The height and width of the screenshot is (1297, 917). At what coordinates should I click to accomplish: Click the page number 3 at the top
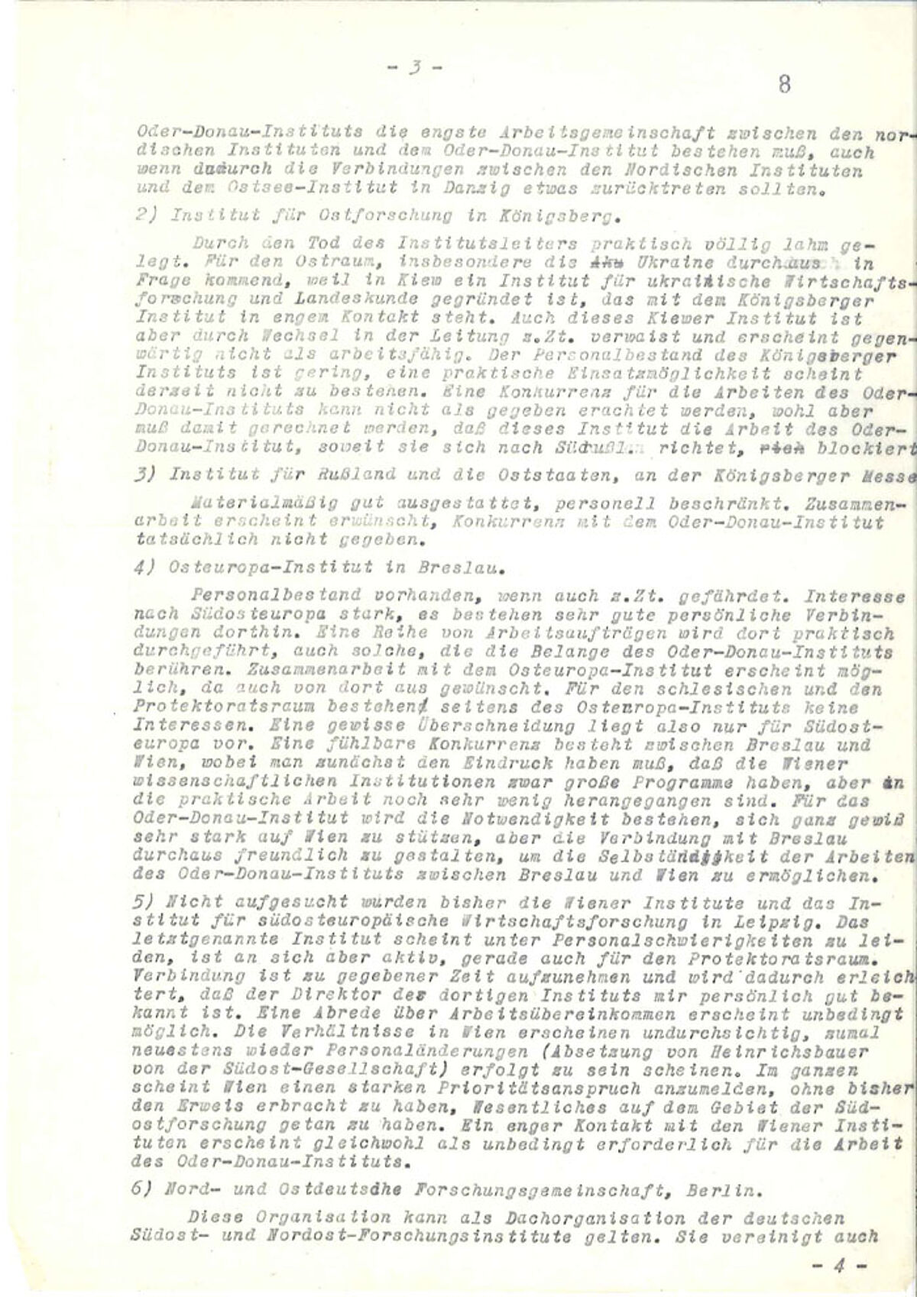[413, 66]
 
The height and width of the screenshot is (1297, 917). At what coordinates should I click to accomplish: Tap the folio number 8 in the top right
[784, 84]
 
